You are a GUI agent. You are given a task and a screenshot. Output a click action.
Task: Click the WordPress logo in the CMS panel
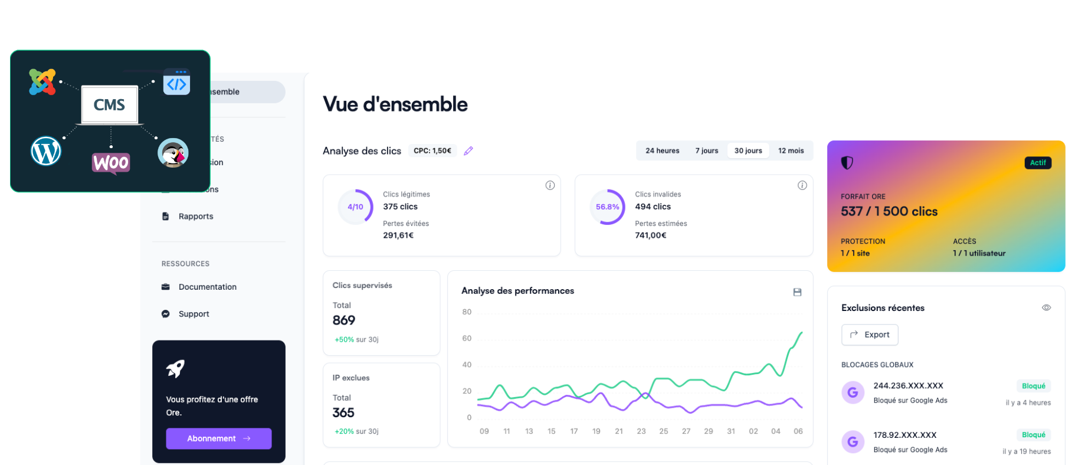(x=46, y=151)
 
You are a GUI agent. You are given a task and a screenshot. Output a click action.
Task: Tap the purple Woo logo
(x=111, y=162)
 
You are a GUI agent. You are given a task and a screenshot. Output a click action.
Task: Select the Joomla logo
(x=42, y=82)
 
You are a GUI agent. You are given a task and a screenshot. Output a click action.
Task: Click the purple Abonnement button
(x=218, y=438)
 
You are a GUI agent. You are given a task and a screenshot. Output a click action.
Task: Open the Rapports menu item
(x=196, y=217)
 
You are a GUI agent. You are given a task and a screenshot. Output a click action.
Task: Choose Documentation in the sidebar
(x=207, y=287)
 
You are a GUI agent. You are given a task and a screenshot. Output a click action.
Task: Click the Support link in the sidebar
(x=194, y=314)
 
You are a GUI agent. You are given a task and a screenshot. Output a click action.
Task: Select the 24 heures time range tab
(x=662, y=150)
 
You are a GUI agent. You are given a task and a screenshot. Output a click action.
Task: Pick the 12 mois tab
(x=791, y=150)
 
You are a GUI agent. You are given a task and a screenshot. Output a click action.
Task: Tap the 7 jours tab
(x=706, y=150)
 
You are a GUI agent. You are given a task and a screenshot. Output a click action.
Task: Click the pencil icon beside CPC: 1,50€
(x=468, y=151)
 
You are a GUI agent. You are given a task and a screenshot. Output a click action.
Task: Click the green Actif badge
(x=1038, y=163)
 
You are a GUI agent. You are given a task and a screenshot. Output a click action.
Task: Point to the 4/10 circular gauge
(x=355, y=207)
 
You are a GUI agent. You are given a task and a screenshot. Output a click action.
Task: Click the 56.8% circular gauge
(x=607, y=207)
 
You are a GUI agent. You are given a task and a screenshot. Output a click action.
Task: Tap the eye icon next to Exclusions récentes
(x=1046, y=307)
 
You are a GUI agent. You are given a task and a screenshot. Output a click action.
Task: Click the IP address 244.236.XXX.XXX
(x=908, y=386)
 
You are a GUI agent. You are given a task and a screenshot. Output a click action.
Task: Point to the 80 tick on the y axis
(x=467, y=312)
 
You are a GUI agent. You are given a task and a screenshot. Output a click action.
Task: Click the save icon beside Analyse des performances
(x=797, y=292)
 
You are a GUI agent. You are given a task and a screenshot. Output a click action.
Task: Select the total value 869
(x=344, y=320)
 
